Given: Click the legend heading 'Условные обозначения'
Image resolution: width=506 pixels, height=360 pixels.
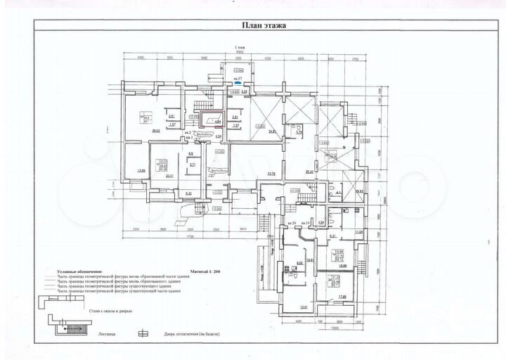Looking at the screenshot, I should pyautogui.click(x=81, y=270).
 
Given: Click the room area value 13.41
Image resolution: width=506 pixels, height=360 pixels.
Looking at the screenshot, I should pyautogui.click(x=303, y=308).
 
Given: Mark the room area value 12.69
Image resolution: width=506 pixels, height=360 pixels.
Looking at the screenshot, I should pyautogui.click(x=141, y=169).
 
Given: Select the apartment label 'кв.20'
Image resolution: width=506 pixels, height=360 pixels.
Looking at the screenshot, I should pyautogui.click(x=291, y=224).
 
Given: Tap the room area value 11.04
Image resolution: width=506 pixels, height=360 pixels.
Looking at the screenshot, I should pyautogui.click(x=358, y=231).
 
